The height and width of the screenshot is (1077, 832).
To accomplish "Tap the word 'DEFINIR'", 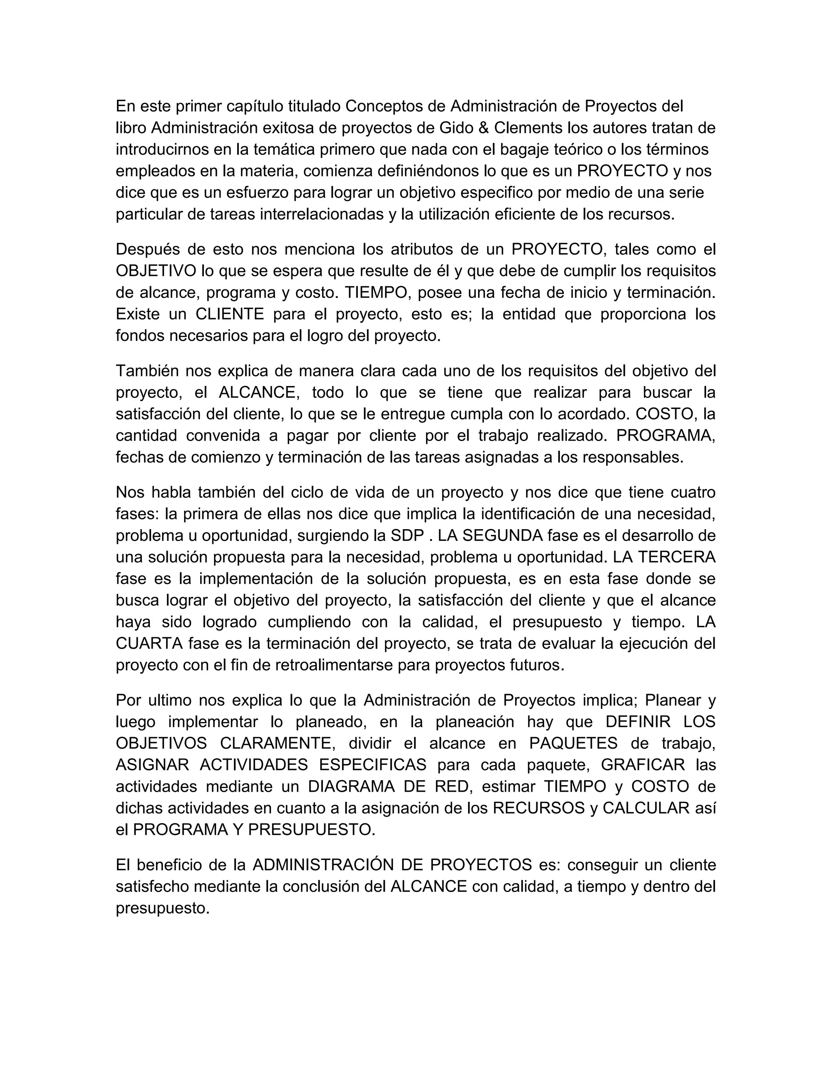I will pos(638,722).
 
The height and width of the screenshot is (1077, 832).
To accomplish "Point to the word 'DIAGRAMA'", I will pos(351,786).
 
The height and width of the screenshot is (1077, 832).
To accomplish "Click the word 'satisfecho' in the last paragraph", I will pos(152,887).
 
